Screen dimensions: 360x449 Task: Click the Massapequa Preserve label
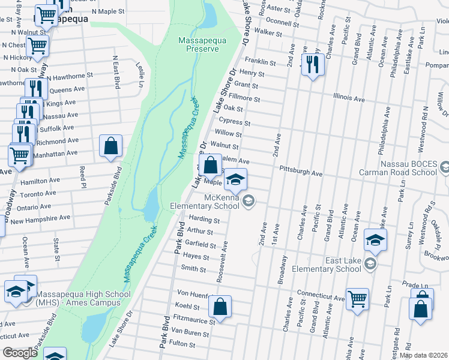(x=199, y=44)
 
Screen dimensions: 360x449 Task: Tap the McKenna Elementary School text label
(x=221, y=201)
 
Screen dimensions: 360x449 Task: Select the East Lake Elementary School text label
(x=327, y=265)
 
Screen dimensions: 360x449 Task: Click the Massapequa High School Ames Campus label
(x=83, y=298)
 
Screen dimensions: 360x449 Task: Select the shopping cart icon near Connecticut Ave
(x=357, y=298)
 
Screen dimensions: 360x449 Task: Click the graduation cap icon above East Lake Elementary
(x=376, y=240)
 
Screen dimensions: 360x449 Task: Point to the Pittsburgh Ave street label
(x=301, y=173)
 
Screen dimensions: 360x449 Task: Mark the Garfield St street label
(x=200, y=245)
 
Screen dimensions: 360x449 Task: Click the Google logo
(x=19, y=353)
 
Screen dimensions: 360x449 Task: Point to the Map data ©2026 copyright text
(x=423, y=355)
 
